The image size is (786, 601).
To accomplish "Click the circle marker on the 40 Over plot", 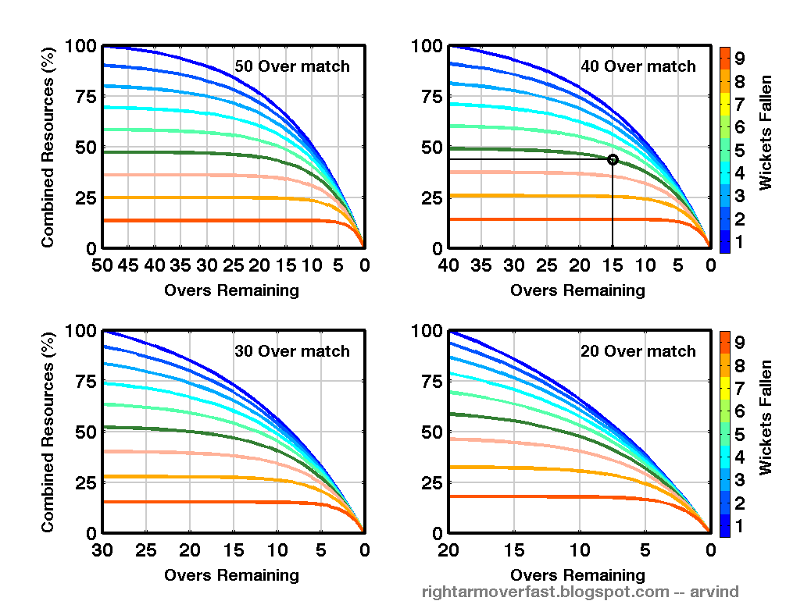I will pyautogui.click(x=613, y=159).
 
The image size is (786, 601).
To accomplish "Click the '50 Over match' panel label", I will pyautogui.click(x=292, y=66).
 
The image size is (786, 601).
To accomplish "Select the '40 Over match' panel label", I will pyautogui.click(x=638, y=66).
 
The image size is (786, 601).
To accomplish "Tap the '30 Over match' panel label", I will pyautogui.click(x=292, y=351).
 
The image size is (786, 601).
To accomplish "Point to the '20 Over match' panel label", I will pyautogui.click(x=638, y=351).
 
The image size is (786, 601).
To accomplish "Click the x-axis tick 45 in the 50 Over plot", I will pyautogui.click(x=128, y=265).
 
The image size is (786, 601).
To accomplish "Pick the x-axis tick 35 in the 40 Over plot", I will pyautogui.click(x=481, y=265).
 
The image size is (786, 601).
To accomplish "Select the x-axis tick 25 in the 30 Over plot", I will pyautogui.click(x=146, y=550).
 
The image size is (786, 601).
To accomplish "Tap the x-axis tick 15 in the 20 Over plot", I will pyautogui.click(x=513, y=550).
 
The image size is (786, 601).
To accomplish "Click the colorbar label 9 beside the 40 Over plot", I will pyautogui.click(x=739, y=58).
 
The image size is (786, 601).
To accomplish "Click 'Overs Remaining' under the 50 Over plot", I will pyautogui.click(x=231, y=290).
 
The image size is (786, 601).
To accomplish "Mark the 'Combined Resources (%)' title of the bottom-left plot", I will pyautogui.click(x=48, y=432).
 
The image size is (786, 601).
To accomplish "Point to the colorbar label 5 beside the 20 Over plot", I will pyautogui.click(x=739, y=433).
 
